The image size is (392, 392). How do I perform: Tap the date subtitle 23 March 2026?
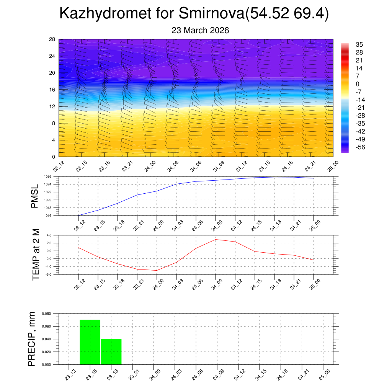click(200, 30)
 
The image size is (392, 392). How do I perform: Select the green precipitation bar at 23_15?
click(90, 342)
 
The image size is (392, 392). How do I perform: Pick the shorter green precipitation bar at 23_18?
click(111, 351)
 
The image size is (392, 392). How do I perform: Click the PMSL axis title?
click(35, 196)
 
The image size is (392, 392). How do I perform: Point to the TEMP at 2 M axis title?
click(36, 254)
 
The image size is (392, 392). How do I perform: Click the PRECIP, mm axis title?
click(31, 339)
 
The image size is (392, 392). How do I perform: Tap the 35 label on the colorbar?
click(359, 44)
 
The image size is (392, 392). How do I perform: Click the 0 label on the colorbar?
click(358, 84)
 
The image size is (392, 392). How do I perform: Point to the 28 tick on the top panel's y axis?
click(52, 39)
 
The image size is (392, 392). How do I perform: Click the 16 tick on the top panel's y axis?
click(52, 90)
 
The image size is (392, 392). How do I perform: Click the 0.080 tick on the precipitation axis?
click(46, 314)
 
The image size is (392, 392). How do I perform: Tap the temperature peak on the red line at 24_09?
click(216, 239)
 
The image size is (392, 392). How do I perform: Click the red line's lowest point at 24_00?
click(157, 270)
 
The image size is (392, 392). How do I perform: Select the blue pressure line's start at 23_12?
click(78, 216)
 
